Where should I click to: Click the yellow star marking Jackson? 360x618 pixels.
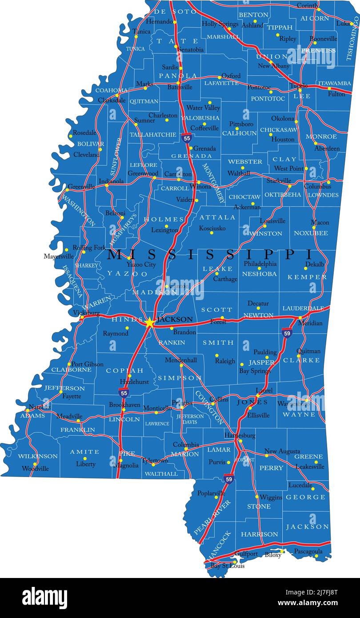(150, 322)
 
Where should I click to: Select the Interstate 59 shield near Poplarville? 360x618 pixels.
(228, 479)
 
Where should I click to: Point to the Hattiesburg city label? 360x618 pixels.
(240, 435)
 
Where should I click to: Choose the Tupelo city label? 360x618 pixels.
(299, 85)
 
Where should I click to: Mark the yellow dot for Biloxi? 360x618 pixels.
(282, 551)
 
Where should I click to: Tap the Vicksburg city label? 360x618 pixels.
(86, 313)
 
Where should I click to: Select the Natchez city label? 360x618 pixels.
(40, 407)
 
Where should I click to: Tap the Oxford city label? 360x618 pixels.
(231, 76)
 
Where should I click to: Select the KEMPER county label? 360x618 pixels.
(307, 277)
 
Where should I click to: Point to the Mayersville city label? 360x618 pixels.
(59, 257)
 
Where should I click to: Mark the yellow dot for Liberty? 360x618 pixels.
(86, 458)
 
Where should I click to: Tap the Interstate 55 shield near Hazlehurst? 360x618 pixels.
(124, 392)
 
